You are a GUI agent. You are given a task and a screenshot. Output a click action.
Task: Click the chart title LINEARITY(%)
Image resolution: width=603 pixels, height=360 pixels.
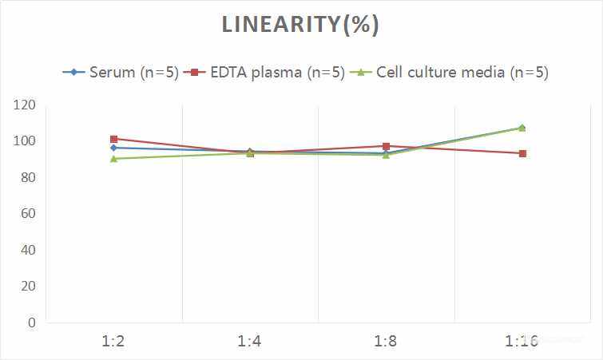(300, 25)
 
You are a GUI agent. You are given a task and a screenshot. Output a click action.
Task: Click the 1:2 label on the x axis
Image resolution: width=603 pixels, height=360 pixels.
(113, 342)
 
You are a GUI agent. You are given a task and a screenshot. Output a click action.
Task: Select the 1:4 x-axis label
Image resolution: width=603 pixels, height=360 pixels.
(250, 342)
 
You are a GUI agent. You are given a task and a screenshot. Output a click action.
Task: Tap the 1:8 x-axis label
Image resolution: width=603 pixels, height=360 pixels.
(386, 342)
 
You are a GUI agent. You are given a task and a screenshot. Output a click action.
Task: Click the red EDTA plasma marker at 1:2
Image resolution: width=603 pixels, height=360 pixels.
(114, 139)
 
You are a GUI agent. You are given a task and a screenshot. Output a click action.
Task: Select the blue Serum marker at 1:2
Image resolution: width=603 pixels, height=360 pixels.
(114, 148)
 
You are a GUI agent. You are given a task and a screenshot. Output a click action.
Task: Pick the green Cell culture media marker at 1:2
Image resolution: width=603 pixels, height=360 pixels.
(114, 159)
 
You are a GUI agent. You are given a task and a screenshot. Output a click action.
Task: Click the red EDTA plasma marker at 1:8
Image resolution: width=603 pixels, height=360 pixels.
(386, 146)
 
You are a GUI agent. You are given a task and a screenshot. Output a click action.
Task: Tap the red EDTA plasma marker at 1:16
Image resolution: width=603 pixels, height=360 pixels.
(522, 153)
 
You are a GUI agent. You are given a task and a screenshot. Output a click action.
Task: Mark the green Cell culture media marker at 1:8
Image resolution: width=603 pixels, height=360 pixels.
(386, 155)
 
